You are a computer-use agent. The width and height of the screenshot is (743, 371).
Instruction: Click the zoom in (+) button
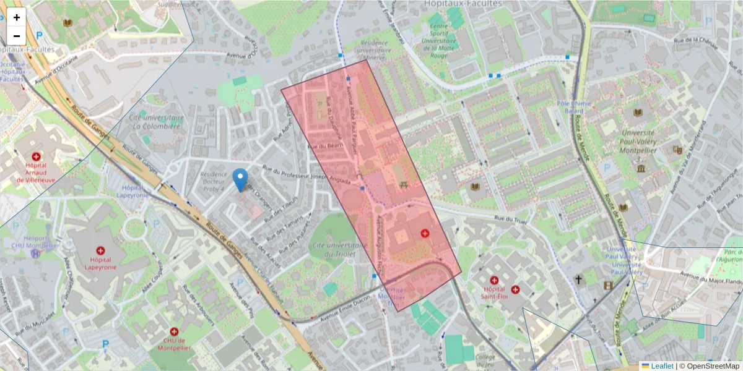click(17, 17)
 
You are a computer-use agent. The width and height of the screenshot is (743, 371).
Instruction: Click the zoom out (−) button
click(17, 36)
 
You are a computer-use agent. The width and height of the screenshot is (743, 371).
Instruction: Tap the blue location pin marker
click(240, 179)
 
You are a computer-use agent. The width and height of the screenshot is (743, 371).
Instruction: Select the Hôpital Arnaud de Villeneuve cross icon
click(37, 157)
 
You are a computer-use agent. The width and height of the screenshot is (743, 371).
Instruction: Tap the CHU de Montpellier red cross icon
click(174, 331)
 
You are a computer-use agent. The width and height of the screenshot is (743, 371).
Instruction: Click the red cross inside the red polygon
click(424, 233)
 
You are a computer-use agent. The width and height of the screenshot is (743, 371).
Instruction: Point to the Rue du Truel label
click(510, 219)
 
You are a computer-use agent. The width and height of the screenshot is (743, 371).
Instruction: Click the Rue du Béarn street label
click(325, 146)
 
